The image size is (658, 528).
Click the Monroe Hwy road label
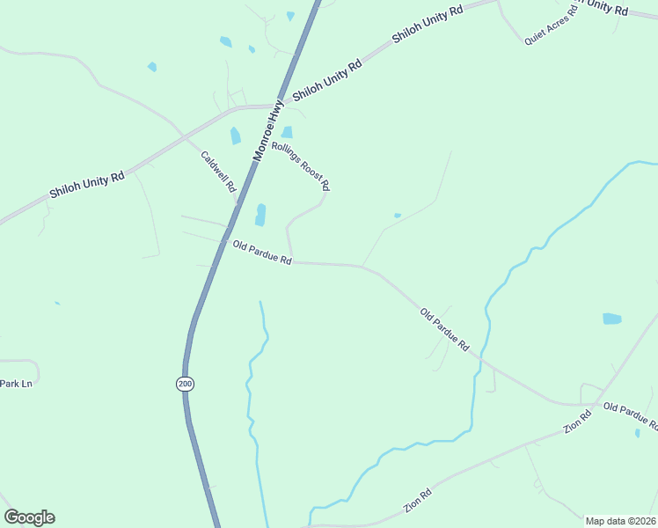point(270,129)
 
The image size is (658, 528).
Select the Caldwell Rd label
point(219,172)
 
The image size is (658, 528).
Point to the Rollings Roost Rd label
point(300,166)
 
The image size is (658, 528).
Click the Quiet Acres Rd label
point(551,25)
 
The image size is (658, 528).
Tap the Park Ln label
point(15,384)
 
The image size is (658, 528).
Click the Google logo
point(29,517)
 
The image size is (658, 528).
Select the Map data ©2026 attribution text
point(620,521)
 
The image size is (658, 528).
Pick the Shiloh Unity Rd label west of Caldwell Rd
point(86,185)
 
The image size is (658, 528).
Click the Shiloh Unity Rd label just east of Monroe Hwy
point(327,79)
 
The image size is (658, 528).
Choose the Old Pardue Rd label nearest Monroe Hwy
point(262,253)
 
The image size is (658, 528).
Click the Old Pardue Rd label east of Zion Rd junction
point(630,415)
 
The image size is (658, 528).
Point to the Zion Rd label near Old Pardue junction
point(577,421)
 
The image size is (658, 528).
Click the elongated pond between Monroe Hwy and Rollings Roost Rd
point(260,216)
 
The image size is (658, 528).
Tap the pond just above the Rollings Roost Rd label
point(287,133)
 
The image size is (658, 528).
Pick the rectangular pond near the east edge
point(611,319)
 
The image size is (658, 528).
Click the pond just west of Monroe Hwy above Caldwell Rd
point(235,136)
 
